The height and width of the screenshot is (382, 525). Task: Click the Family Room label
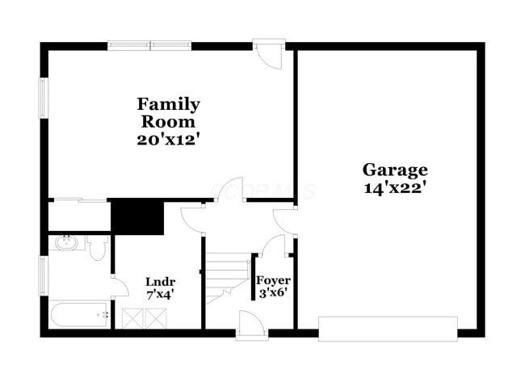click(168, 113)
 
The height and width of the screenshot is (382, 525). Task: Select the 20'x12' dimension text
click(168, 139)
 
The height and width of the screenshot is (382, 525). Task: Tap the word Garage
click(394, 170)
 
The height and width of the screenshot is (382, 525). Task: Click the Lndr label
click(160, 281)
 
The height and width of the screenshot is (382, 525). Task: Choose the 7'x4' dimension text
click(160, 295)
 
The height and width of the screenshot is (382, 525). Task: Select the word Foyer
click(273, 280)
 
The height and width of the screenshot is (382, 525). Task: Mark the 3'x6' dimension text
click(273, 294)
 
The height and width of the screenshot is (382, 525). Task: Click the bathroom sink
click(65, 242)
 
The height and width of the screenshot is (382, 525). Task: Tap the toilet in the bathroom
click(98, 249)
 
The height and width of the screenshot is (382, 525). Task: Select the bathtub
click(79, 313)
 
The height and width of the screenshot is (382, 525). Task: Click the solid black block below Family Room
click(137, 216)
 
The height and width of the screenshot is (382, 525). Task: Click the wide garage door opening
click(388, 328)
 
